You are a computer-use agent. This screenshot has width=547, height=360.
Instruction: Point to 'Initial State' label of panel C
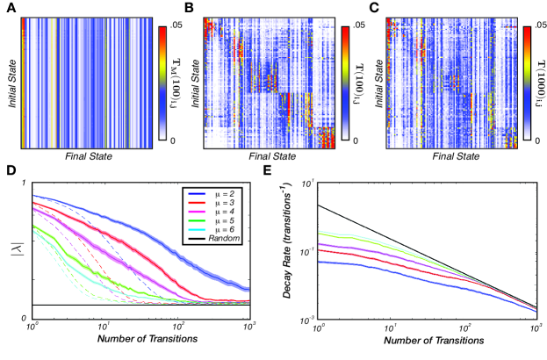pos(380,84)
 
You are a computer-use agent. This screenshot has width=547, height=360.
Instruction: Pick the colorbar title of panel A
pos(176,83)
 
